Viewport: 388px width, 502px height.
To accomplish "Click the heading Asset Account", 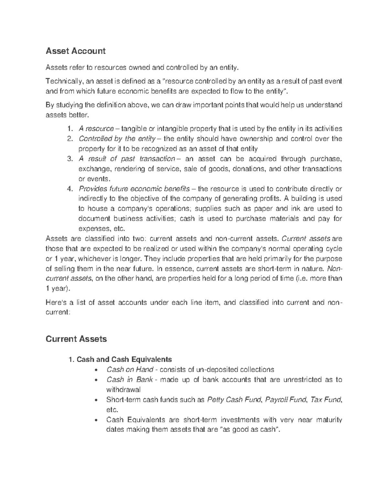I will (x=76, y=51).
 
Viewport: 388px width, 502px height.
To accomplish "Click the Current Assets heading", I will (x=76, y=339).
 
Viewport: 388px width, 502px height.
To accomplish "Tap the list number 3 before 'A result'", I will (x=69, y=159).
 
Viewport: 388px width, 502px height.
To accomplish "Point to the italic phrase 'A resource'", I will (x=96, y=129).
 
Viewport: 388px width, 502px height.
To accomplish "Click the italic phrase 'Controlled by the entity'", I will (x=117, y=139).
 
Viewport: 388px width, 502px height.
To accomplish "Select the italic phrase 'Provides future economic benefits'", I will (x=134, y=189).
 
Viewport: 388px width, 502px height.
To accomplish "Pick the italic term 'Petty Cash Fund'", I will (x=234, y=400).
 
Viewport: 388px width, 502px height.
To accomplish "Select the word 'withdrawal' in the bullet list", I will (x=124, y=390).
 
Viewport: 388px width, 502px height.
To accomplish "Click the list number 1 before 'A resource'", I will (x=69, y=129).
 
